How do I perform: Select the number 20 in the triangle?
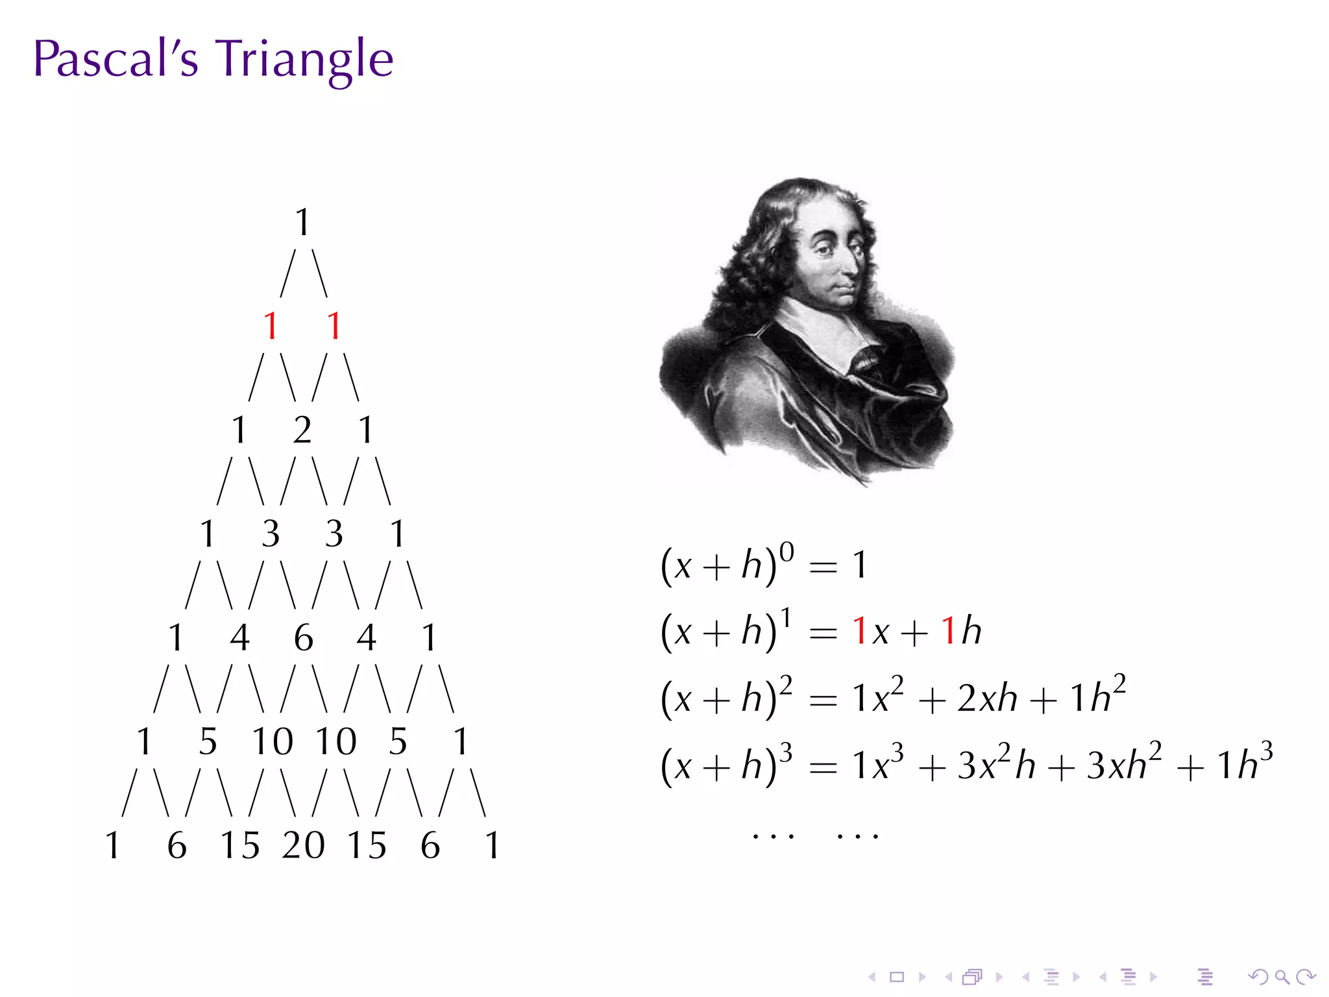(303, 845)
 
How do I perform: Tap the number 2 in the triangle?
(302, 430)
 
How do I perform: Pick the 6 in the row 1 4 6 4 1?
(303, 637)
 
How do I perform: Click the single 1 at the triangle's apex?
(302, 222)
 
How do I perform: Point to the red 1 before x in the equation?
(860, 631)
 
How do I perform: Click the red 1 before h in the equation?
(948, 631)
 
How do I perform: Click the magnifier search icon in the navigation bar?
(1282, 977)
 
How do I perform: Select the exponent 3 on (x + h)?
(786, 754)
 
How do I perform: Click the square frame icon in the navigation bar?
(897, 977)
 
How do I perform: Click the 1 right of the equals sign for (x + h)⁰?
(860, 565)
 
